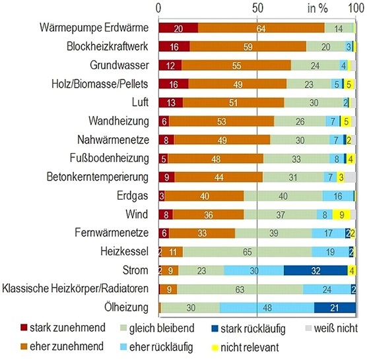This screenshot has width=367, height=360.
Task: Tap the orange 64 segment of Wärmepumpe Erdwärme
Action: tap(261, 28)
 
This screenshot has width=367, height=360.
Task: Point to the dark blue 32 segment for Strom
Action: tap(316, 270)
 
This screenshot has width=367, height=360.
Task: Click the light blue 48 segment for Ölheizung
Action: tap(267, 307)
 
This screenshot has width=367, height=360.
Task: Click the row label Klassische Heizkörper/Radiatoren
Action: tap(78, 289)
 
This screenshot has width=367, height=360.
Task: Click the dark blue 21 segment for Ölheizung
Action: tap(335, 307)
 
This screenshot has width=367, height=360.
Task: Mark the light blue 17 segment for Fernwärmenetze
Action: tap(330, 233)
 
